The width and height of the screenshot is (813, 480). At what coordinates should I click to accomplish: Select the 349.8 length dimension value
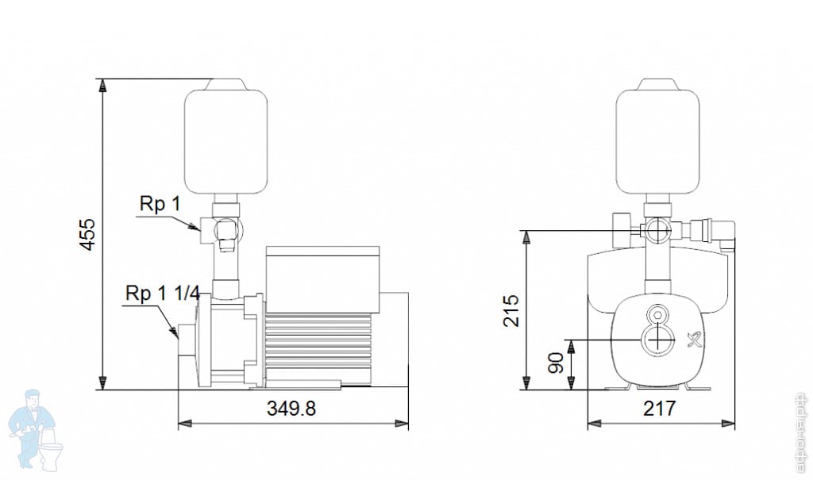point(291,409)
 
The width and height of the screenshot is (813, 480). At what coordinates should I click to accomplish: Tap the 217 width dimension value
point(659,409)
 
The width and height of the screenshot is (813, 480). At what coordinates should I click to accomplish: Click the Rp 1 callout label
point(160,205)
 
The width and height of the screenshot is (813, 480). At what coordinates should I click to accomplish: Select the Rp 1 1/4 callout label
point(162,293)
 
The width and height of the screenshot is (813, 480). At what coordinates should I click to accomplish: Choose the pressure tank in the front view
point(658,140)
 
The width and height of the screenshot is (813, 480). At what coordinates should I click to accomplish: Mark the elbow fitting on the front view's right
point(725,232)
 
